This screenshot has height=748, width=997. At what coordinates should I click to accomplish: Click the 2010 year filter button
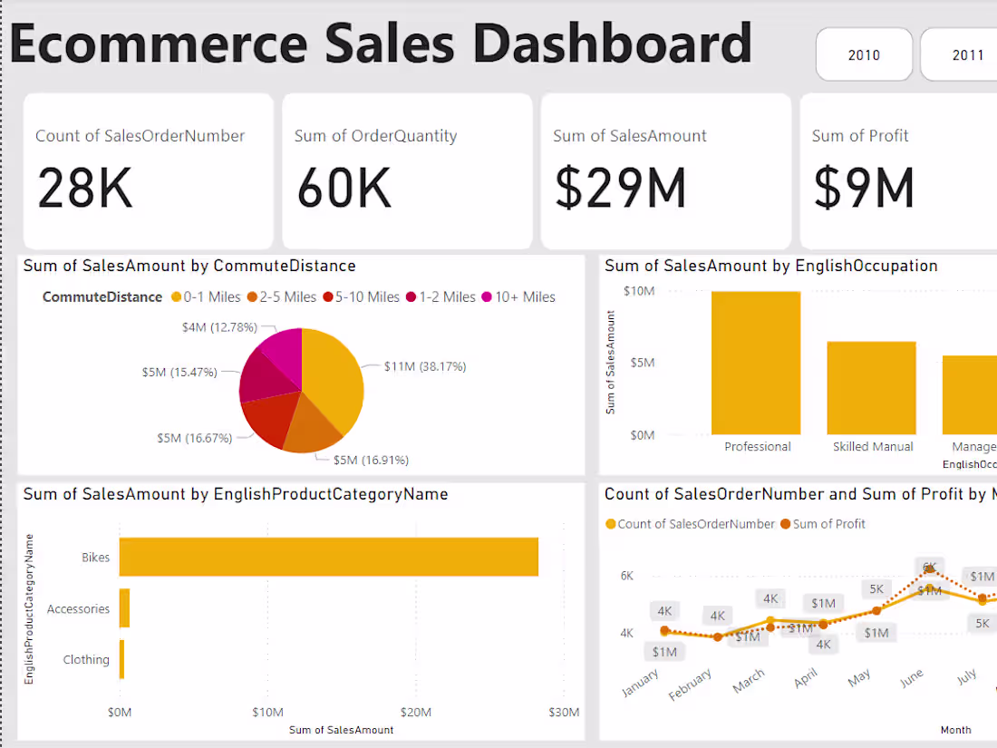(x=864, y=55)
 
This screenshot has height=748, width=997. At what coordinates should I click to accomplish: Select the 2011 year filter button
(x=967, y=55)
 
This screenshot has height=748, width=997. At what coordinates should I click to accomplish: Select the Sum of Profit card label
(x=859, y=136)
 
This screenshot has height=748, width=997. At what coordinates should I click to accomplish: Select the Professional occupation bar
(x=756, y=363)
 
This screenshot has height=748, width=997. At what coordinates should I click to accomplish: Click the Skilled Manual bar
(x=872, y=388)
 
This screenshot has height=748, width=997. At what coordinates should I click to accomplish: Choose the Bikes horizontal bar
(x=328, y=557)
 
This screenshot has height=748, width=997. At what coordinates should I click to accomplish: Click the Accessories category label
(x=78, y=609)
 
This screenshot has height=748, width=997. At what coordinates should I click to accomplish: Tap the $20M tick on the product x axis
(x=416, y=712)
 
